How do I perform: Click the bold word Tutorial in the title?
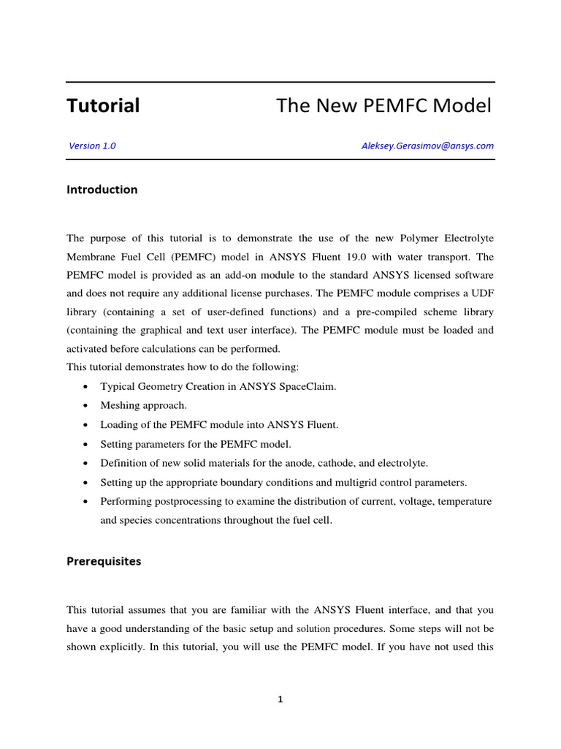(103, 106)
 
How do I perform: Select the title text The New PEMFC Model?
(384, 106)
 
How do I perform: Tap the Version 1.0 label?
(92, 146)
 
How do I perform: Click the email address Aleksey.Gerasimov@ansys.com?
(427, 146)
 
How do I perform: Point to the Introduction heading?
(102, 189)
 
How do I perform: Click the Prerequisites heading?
(104, 562)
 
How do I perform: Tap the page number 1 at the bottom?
(280, 699)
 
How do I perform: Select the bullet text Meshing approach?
(143, 406)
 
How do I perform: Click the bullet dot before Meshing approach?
(88, 406)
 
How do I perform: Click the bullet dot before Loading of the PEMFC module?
(88, 425)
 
